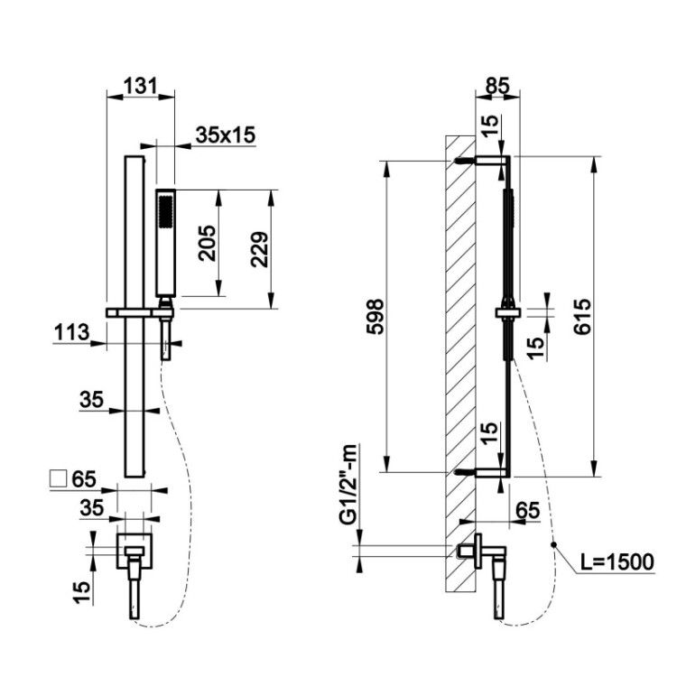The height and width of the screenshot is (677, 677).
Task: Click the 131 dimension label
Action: tap(141, 86)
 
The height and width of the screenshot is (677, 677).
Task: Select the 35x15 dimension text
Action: tap(226, 134)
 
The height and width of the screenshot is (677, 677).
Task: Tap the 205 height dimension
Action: tap(208, 243)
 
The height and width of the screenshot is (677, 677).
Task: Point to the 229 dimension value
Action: tap(260, 249)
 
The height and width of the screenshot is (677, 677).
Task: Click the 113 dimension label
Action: tap(72, 332)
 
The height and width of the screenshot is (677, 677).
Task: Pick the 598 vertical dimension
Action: tap(375, 317)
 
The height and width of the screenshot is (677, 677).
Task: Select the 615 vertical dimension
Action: tap(582, 317)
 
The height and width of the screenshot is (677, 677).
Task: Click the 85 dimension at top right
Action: tap(497, 86)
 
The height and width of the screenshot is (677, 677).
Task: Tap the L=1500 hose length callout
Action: tap(617, 561)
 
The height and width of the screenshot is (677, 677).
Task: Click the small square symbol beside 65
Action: tap(59, 478)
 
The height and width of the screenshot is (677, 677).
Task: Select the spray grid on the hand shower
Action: tap(165, 211)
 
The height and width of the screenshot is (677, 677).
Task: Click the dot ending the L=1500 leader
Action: tap(553, 544)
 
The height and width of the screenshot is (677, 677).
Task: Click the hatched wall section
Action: tap(460, 364)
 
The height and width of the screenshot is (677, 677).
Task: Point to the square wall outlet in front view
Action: tap(134, 551)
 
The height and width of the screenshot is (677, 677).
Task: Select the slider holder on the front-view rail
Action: tap(140, 312)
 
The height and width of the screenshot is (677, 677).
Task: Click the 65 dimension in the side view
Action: tap(527, 510)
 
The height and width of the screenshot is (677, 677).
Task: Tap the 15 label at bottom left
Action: tap(81, 591)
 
